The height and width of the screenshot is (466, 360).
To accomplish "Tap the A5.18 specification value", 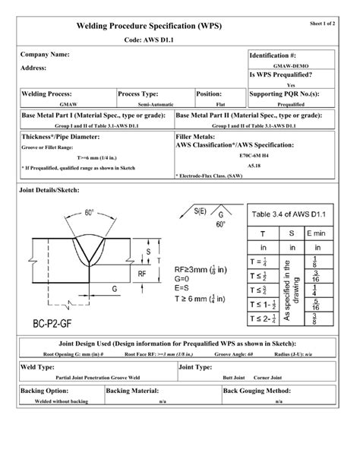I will tap(253, 163).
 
